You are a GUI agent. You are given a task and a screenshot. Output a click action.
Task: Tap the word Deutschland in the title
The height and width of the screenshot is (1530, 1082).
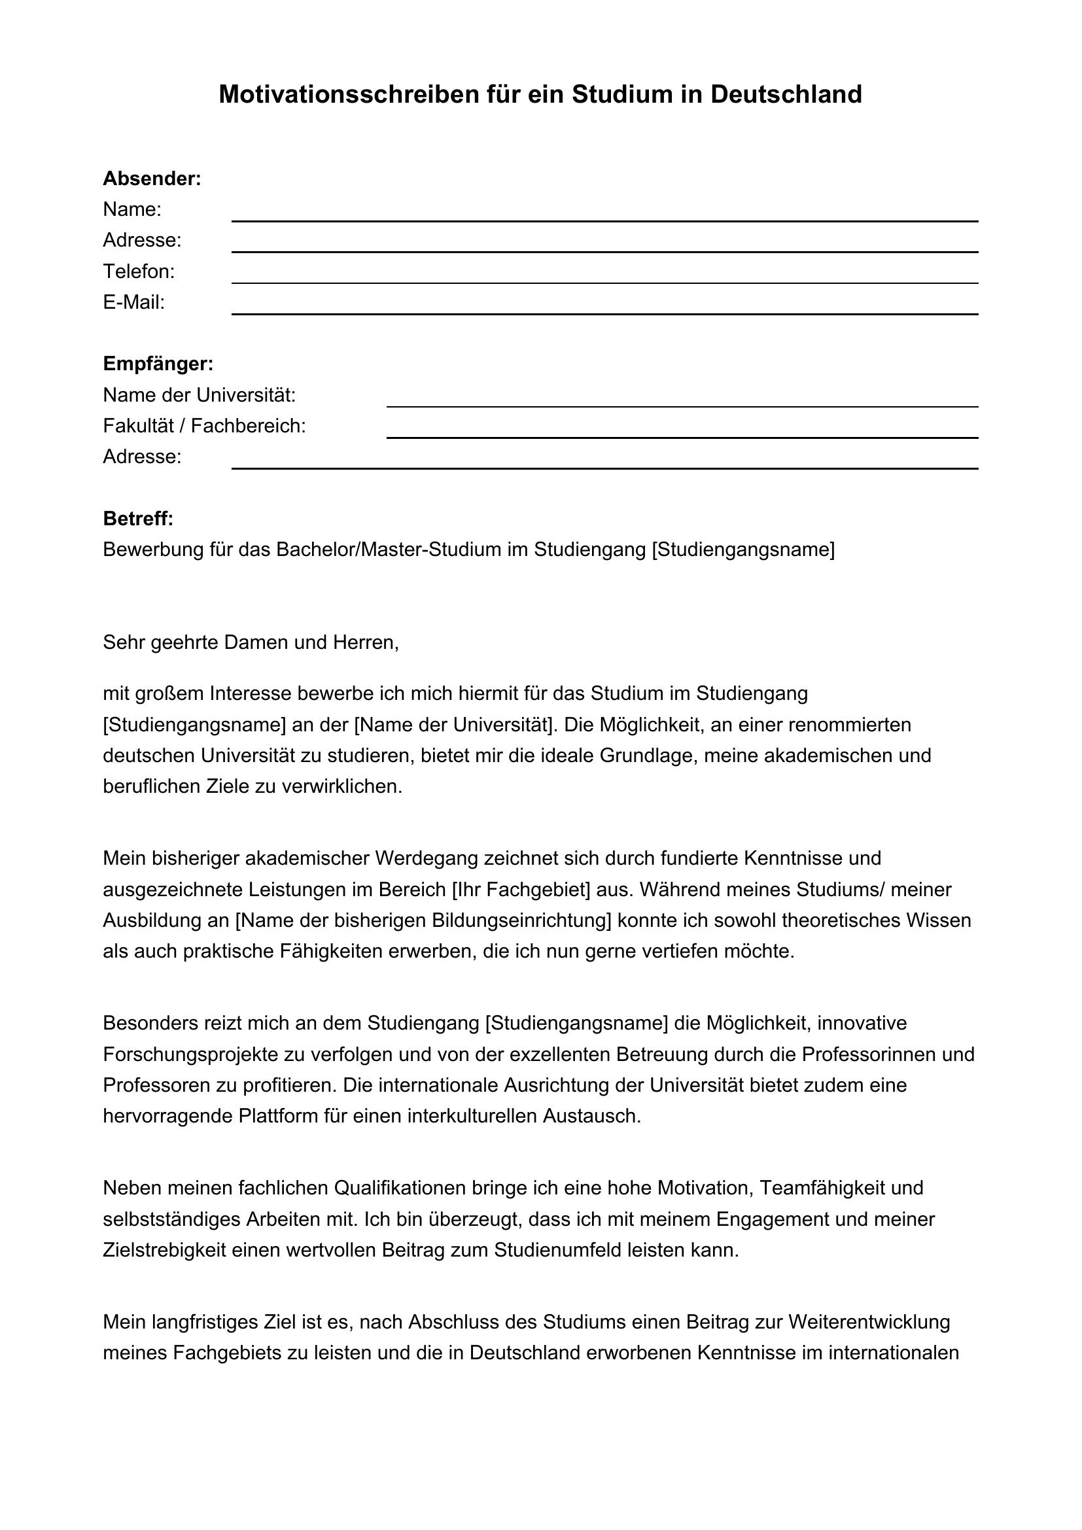(786, 95)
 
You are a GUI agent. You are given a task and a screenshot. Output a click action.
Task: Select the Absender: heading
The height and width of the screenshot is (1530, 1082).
(152, 179)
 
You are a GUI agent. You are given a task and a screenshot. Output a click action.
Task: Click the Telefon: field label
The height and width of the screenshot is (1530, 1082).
(139, 271)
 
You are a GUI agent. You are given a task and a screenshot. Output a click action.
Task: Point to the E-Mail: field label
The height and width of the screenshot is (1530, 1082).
(133, 303)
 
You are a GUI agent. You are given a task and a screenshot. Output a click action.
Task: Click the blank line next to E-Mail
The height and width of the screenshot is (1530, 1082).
(604, 313)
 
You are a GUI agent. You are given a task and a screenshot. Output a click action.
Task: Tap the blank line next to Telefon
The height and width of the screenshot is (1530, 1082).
(604, 282)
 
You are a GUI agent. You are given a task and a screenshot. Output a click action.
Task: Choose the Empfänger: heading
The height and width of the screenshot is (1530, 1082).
(158, 364)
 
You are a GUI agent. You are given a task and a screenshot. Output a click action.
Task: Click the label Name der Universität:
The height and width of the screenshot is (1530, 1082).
(200, 395)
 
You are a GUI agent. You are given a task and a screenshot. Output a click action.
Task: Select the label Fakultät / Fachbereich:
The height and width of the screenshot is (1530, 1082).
(204, 426)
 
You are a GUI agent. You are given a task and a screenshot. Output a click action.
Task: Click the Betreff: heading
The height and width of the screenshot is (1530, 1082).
(138, 519)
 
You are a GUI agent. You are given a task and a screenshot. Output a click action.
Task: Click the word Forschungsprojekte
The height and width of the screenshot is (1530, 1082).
(192, 1054)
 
